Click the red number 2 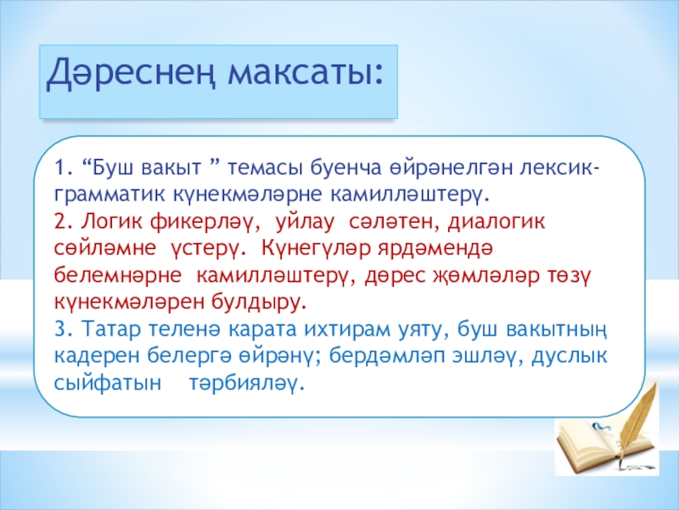tap(60, 222)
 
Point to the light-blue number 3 tap(60, 329)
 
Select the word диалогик tap(497, 223)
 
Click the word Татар tap(111, 330)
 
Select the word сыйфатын tap(108, 384)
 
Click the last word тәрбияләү tap(244, 384)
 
